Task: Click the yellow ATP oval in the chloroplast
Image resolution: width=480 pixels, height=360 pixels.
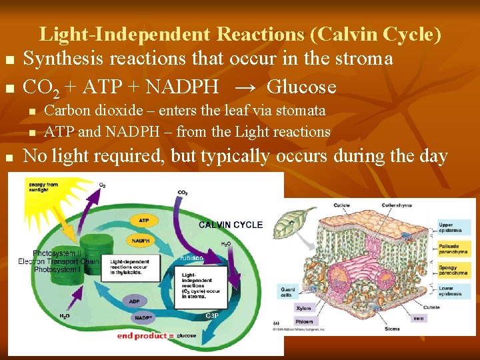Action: (x=143, y=220)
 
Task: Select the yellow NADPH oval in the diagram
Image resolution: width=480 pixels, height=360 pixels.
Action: (x=141, y=240)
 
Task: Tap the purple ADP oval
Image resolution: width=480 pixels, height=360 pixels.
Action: (x=134, y=301)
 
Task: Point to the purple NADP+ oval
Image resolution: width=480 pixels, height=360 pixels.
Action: (x=143, y=318)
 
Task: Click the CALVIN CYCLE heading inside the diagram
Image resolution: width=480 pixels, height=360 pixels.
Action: (x=231, y=225)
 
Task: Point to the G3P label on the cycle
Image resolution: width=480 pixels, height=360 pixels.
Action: (x=212, y=315)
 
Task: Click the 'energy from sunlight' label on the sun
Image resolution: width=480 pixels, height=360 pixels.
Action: (x=43, y=187)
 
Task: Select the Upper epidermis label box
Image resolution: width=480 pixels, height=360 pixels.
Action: (x=455, y=227)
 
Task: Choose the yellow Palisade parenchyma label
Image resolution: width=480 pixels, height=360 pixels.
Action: (x=455, y=249)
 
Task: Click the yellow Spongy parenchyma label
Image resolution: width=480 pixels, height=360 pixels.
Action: (x=455, y=270)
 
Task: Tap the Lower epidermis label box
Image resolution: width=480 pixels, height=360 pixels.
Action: (x=455, y=291)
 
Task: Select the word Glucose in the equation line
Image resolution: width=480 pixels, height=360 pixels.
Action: (x=301, y=87)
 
